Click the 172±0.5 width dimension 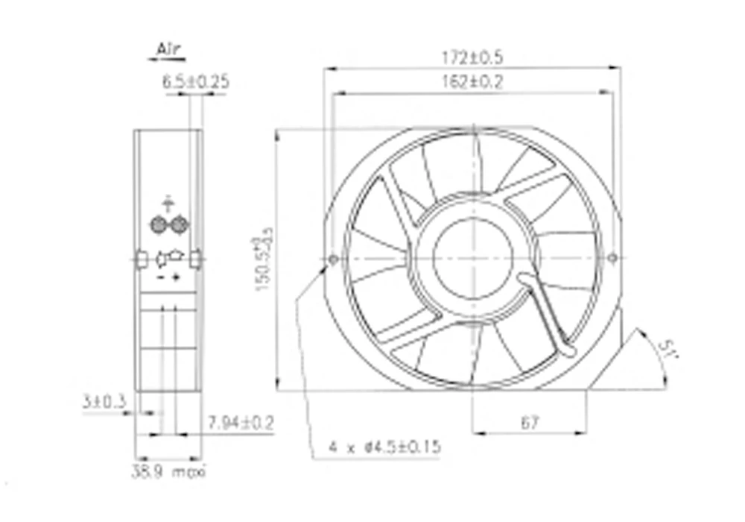pyautogui.click(x=472, y=57)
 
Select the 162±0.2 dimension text pyautogui.click(x=472, y=83)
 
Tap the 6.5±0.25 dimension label pyautogui.click(x=195, y=82)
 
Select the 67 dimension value pyautogui.click(x=529, y=423)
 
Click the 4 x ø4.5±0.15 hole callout pyautogui.click(x=384, y=447)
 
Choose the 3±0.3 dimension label pyautogui.click(x=104, y=402)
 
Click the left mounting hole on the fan pyautogui.click(x=332, y=259)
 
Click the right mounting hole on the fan pyautogui.click(x=612, y=258)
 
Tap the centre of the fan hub pyautogui.click(x=472, y=258)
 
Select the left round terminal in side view pyautogui.click(x=157, y=224)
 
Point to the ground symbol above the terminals pyautogui.click(x=168, y=202)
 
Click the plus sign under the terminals pyautogui.click(x=177, y=278)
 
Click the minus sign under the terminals pyautogui.click(x=160, y=278)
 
